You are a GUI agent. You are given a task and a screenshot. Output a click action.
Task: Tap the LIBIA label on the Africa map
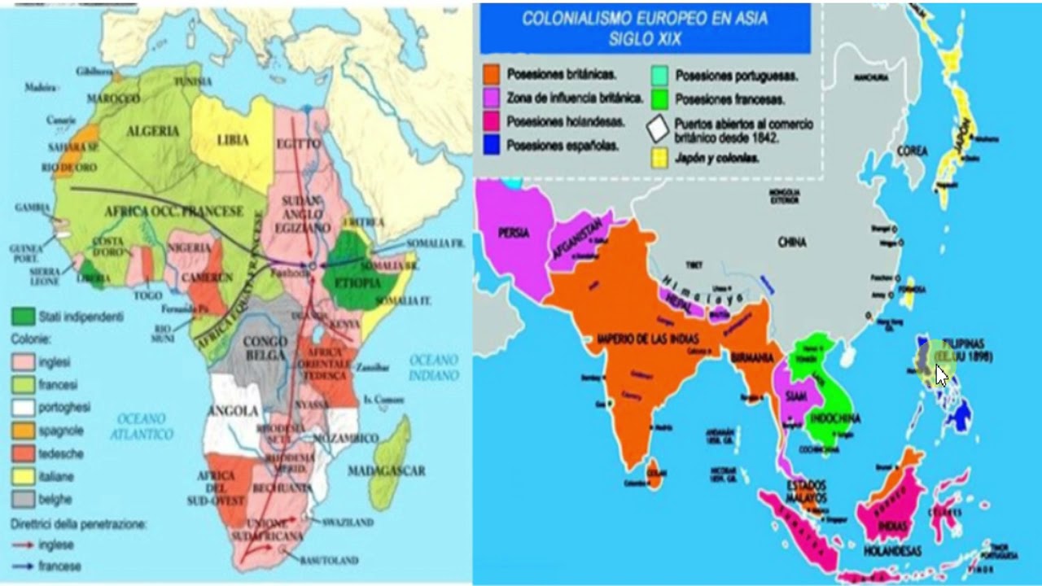(233, 140)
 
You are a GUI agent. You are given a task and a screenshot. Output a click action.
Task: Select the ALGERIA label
(152, 130)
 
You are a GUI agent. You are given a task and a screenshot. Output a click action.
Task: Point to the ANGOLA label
(234, 410)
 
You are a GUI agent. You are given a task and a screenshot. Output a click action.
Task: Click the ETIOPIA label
(352, 283)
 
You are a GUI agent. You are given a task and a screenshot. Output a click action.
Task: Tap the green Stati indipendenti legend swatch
(23, 316)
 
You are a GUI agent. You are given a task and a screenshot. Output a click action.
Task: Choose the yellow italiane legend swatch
(23, 475)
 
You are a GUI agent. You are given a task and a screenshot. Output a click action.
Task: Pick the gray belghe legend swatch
(23, 498)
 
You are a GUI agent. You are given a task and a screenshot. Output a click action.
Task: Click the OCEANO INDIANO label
(434, 367)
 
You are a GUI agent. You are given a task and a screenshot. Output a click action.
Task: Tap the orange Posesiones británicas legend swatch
(491, 74)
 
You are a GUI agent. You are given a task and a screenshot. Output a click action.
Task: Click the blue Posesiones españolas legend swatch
(491, 146)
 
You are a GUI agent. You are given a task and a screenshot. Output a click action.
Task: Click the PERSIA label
(514, 233)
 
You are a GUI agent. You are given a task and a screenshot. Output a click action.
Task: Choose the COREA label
(912, 151)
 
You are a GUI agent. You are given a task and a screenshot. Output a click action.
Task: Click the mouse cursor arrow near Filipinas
(941, 375)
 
